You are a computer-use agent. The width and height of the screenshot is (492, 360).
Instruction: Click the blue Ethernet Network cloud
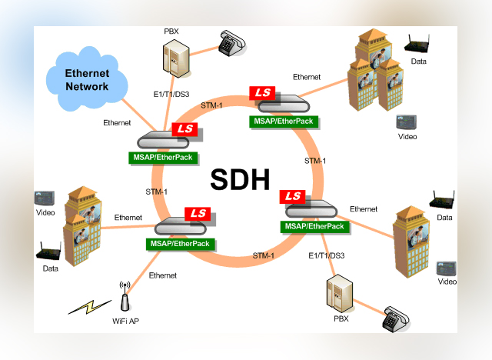point(86,80)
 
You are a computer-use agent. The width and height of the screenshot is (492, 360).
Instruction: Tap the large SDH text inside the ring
point(240,178)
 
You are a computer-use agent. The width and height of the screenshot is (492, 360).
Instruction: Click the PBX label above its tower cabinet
point(171,32)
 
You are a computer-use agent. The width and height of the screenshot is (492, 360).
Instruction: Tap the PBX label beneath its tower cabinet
point(341,318)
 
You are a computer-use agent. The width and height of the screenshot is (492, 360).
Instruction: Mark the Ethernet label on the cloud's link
point(117,123)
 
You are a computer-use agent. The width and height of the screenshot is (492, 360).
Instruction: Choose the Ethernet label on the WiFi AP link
point(162,275)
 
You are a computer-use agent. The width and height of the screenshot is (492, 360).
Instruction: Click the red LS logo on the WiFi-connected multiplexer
point(199,213)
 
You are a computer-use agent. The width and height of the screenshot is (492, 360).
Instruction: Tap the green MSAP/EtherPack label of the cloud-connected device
point(164,157)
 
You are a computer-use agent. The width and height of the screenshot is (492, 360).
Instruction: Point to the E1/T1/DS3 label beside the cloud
point(171,94)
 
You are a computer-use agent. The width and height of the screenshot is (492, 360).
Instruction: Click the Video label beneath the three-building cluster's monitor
point(407,137)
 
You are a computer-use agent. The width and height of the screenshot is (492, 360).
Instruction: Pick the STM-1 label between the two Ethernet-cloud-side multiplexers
point(157,192)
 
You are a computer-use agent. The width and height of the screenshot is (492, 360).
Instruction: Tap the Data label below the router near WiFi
point(50,268)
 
